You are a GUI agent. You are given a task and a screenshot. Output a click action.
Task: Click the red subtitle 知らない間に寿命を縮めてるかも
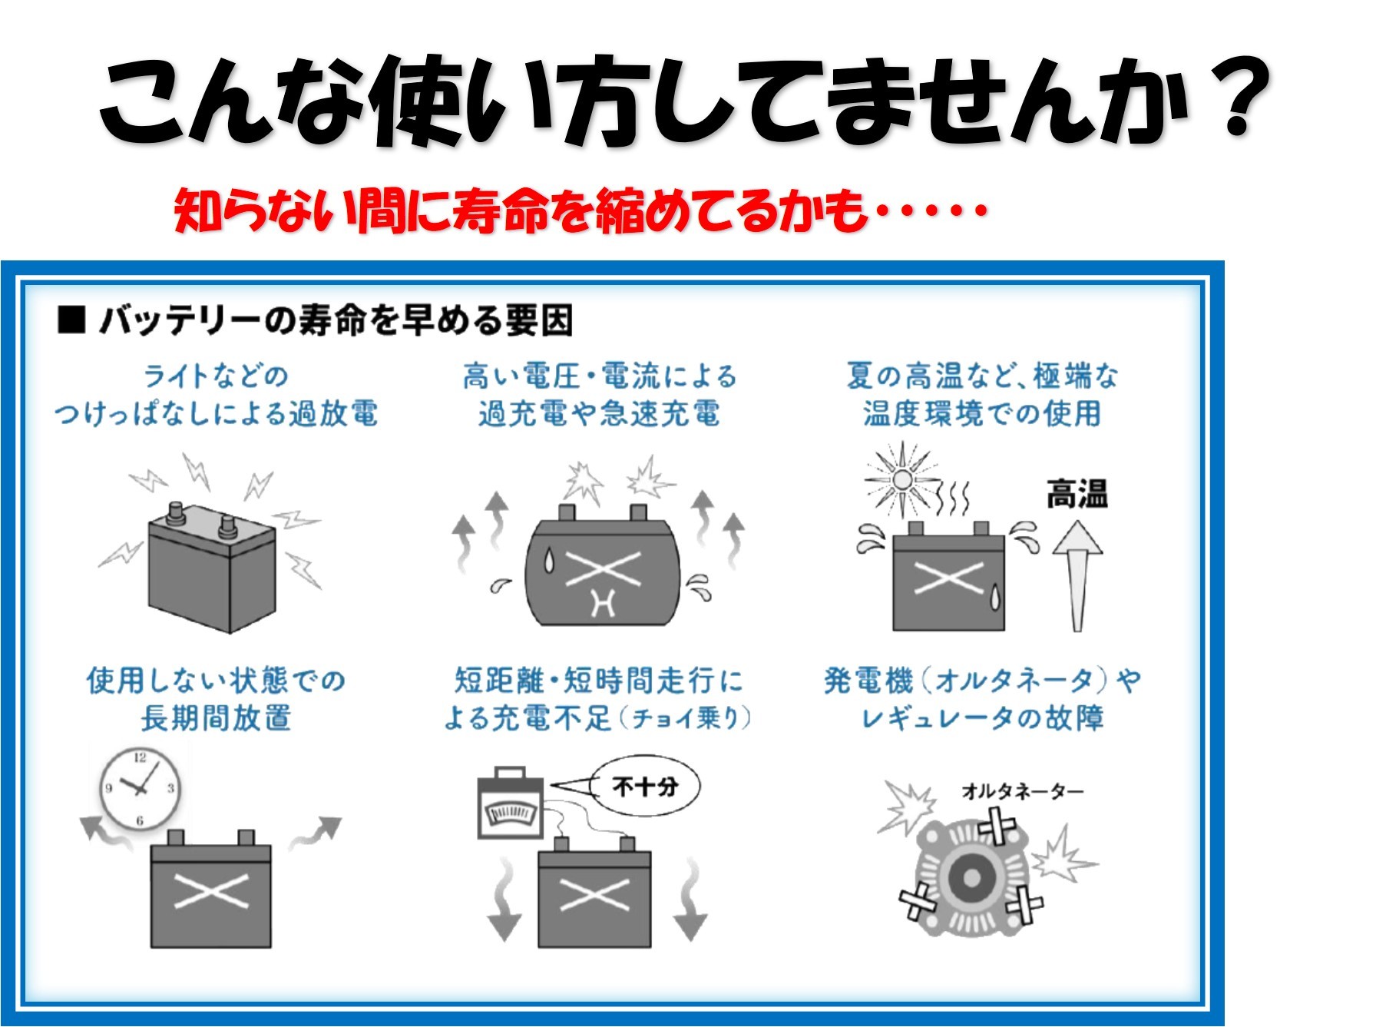point(521,210)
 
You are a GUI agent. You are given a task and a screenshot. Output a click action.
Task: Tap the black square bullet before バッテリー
point(71,320)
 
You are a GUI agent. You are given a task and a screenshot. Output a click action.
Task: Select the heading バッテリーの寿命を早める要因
point(336,320)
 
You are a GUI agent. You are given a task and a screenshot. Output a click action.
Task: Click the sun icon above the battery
point(901,480)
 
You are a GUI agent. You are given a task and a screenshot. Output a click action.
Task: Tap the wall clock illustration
point(140,787)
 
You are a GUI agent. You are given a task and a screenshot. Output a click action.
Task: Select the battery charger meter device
point(511,803)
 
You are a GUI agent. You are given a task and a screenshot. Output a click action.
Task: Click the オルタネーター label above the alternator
point(1022,790)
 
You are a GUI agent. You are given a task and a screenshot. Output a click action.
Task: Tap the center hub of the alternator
point(971,877)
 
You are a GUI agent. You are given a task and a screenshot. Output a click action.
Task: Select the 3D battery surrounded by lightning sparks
point(212,567)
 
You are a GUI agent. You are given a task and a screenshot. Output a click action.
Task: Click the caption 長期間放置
point(217,718)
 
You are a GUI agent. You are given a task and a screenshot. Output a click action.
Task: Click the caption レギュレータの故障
point(982,718)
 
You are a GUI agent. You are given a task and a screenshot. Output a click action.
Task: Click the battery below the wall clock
point(211,890)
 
